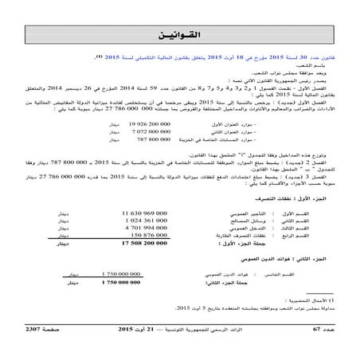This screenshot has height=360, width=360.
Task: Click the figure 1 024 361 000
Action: (130, 221)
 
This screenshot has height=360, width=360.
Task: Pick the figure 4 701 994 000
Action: (130, 229)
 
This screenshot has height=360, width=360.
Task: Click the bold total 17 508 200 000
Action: (127, 244)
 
